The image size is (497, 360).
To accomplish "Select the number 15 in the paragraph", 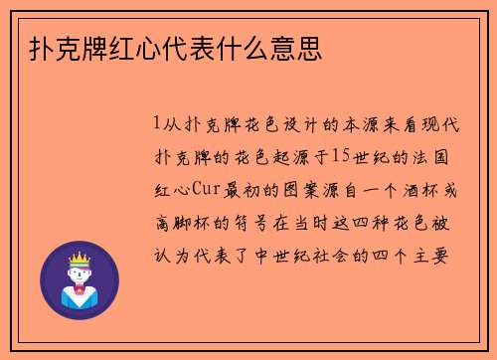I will click(x=339, y=156).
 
